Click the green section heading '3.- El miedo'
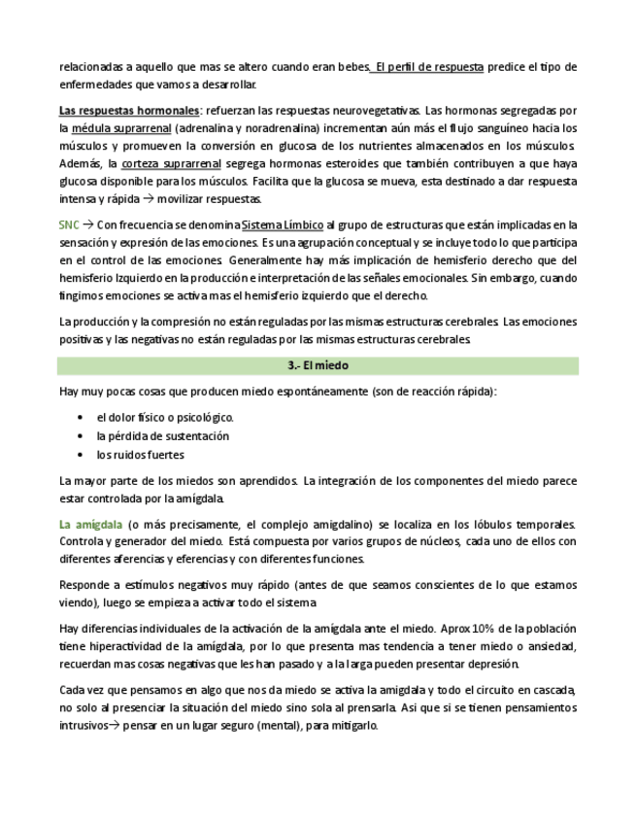(x=318, y=366)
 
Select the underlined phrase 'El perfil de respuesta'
(x=429, y=67)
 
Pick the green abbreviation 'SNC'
(x=68, y=225)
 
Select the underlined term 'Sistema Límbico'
(x=282, y=225)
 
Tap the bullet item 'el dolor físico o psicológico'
(x=165, y=418)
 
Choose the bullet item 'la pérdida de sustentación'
(x=162, y=436)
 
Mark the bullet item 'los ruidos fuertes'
(x=140, y=455)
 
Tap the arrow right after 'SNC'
(x=87, y=225)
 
